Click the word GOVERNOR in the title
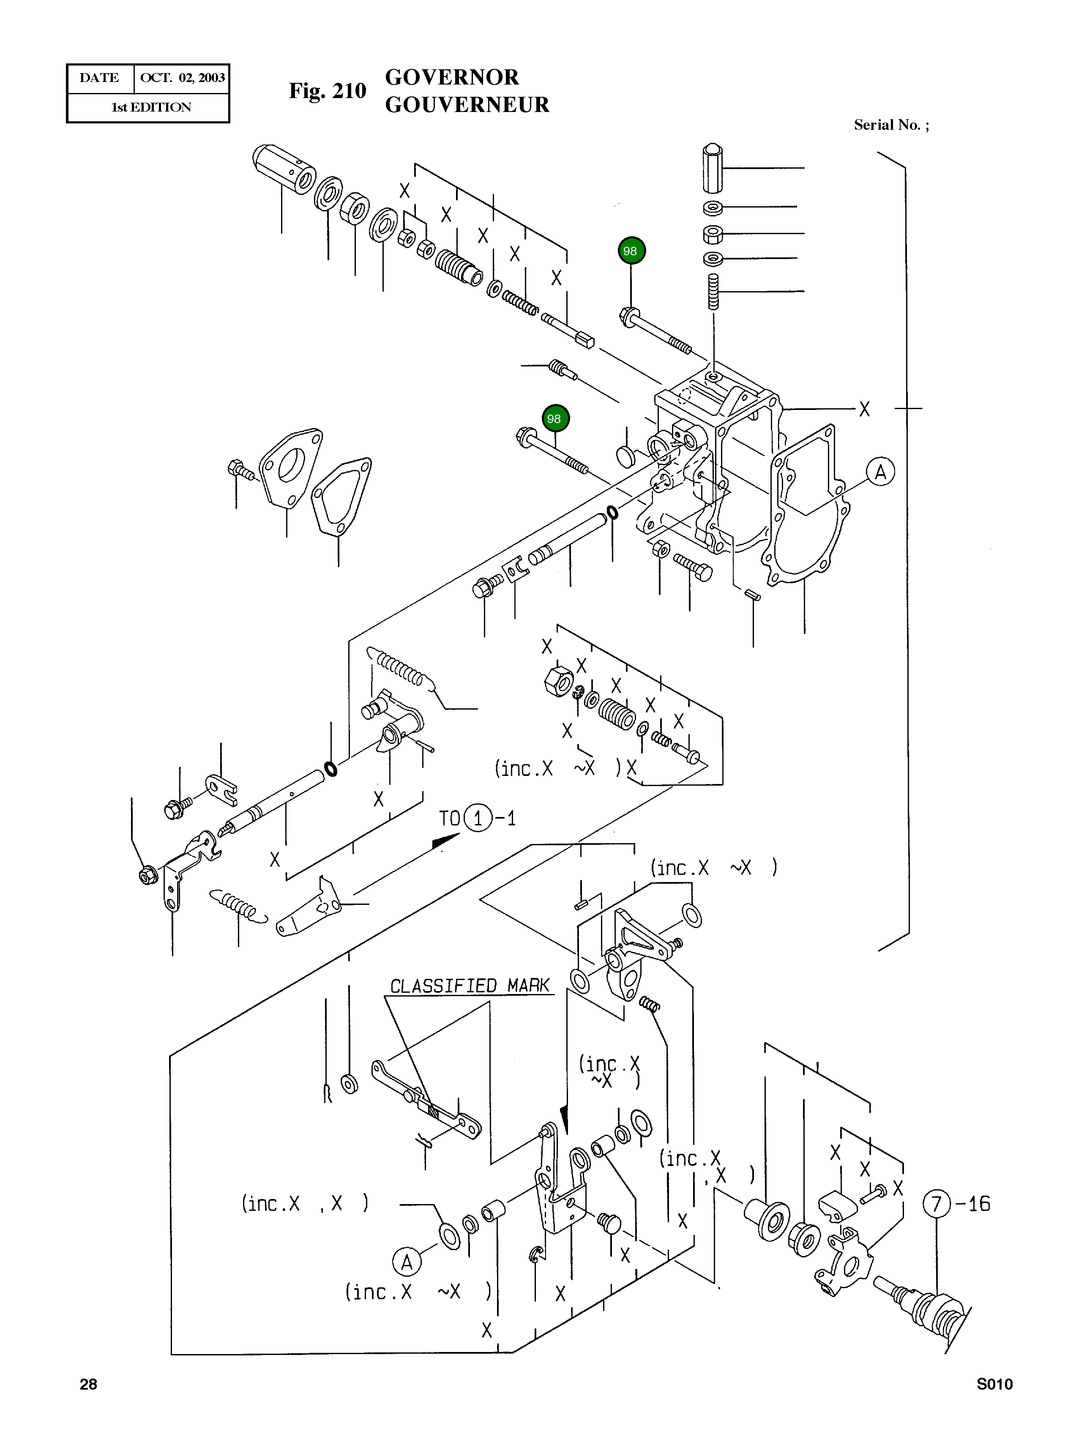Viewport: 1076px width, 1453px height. [452, 77]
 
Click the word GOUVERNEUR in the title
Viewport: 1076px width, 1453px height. [467, 105]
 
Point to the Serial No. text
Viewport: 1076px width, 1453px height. [890, 125]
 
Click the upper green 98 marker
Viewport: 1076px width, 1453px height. [631, 251]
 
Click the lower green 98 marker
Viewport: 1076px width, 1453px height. [555, 419]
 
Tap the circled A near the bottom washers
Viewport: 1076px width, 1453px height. [407, 1263]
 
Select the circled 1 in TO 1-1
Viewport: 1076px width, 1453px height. [478, 819]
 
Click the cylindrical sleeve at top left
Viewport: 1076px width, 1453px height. [283, 169]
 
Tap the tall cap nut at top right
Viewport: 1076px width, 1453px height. [713, 168]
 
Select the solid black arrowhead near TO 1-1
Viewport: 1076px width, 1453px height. [445, 842]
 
